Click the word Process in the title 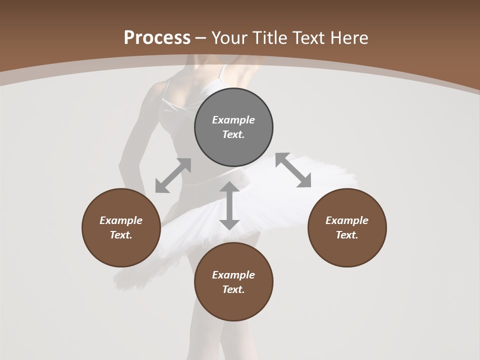(157, 38)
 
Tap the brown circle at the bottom (233, 305)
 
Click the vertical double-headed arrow (229, 205)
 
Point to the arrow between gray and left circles (173, 175)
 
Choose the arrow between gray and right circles (293, 170)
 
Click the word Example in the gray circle (233, 120)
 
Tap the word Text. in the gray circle (233, 134)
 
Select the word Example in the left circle (121, 220)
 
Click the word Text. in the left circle (121, 235)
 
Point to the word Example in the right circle (347, 220)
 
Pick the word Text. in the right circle (347, 235)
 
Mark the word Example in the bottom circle (233, 275)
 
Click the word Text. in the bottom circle (233, 289)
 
